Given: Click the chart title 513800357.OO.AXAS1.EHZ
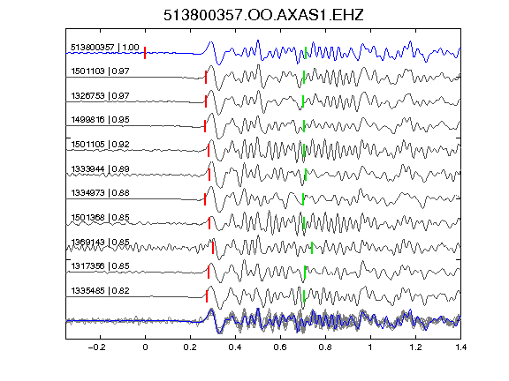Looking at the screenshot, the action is click(x=263, y=15).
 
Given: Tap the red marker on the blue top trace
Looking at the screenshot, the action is click(x=145, y=53).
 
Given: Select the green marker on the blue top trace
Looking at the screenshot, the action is click(x=306, y=53).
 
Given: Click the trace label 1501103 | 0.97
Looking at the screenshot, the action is click(x=100, y=71).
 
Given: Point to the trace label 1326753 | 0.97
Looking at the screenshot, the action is click(x=100, y=96).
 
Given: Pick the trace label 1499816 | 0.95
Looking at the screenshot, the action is click(x=100, y=120).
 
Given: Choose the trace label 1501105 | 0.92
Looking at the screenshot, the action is click(x=100, y=145).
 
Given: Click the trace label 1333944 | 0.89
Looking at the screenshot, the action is click(x=100, y=169).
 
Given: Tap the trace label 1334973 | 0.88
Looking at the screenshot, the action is click(x=100, y=193).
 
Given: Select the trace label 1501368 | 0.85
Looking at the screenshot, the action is click(x=100, y=217).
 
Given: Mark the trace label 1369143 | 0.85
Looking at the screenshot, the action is click(x=100, y=243).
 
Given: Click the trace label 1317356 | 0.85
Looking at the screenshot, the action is click(x=100, y=266).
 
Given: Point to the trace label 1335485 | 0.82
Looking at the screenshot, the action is click(x=100, y=291).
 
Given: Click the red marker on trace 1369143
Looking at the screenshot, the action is click(x=213, y=248).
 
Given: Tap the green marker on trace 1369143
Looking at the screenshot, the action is click(x=312, y=248).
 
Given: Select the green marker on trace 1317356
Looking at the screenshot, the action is click(x=305, y=273).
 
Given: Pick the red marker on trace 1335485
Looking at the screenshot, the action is click(x=207, y=296).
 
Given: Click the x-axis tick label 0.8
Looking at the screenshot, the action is click(x=325, y=347).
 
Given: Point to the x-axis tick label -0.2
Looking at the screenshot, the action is click(x=96, y=347).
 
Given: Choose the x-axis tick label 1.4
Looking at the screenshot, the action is click(x=460, y=347).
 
